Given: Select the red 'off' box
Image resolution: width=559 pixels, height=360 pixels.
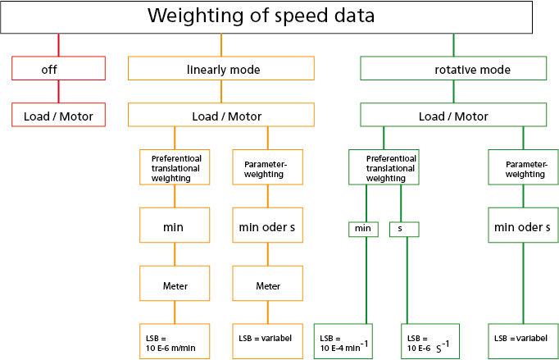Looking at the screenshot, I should (58, 69).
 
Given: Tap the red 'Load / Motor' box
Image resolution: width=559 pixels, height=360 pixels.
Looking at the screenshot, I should (58, 116).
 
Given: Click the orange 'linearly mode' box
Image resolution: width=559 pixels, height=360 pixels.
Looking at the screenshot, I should (221, 69).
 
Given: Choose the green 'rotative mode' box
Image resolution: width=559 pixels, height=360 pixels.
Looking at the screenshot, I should (453, 69).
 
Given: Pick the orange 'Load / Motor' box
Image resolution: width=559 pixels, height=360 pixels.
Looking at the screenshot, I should (221, 116).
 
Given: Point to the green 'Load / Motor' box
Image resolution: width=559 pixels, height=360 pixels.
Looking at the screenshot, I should (453, 116).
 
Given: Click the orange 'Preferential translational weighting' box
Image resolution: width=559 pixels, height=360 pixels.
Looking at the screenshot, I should (175, 167).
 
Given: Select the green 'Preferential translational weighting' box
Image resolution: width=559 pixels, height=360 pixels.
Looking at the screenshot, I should (384, 167).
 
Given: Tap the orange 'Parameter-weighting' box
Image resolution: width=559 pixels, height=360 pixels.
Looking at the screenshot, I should (268, 167).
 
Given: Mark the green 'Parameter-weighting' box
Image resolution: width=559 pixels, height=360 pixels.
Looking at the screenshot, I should (524, 167).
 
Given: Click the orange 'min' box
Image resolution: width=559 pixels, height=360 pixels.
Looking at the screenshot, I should (175, 226).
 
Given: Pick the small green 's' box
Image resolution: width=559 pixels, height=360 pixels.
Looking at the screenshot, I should (404, 229).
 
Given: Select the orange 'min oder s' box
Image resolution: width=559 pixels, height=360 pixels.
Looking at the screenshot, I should (268, 226).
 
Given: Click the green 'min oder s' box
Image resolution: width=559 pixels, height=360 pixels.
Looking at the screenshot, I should (524, 226).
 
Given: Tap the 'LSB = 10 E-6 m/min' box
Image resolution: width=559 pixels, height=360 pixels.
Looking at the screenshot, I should (175, 342).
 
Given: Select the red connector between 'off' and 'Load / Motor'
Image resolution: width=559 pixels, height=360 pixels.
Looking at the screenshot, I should (58, 92).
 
